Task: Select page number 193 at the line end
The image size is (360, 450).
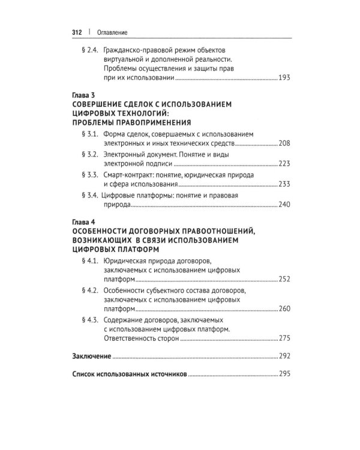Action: [284, 79]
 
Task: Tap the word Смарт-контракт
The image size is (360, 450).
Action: [129, 175]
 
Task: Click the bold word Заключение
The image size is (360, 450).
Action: [91, 356]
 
